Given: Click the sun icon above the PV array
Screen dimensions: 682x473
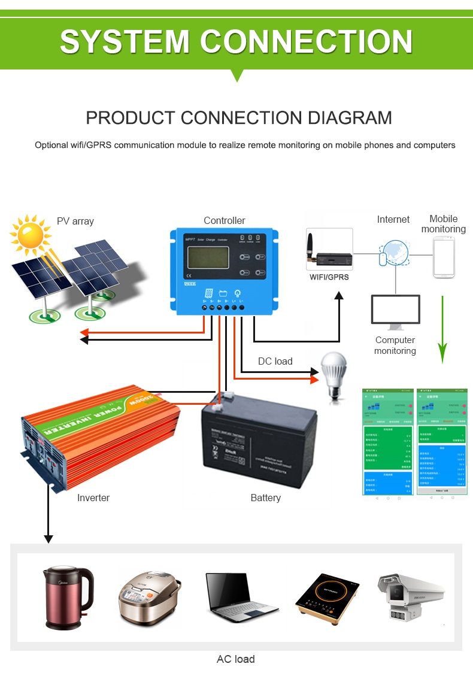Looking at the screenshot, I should pos(29,235).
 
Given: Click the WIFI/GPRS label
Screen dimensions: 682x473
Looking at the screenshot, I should pos(329,277).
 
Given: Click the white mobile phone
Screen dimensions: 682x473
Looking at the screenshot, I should pos(444,257).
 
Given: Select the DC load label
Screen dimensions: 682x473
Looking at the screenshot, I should pos(275,361).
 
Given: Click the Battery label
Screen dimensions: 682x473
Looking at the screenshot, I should pos(265,498).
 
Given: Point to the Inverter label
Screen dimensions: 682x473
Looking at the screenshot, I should pos(93,498).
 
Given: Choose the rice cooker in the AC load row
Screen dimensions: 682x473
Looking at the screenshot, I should pos(150,598).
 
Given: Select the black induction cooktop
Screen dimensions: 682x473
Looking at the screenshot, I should pos(328,598).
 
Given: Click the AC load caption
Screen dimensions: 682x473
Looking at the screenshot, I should pos(235,659).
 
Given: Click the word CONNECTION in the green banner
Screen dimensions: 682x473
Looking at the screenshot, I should pos(305,42).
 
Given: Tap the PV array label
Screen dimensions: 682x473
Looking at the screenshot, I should pos(75,221).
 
